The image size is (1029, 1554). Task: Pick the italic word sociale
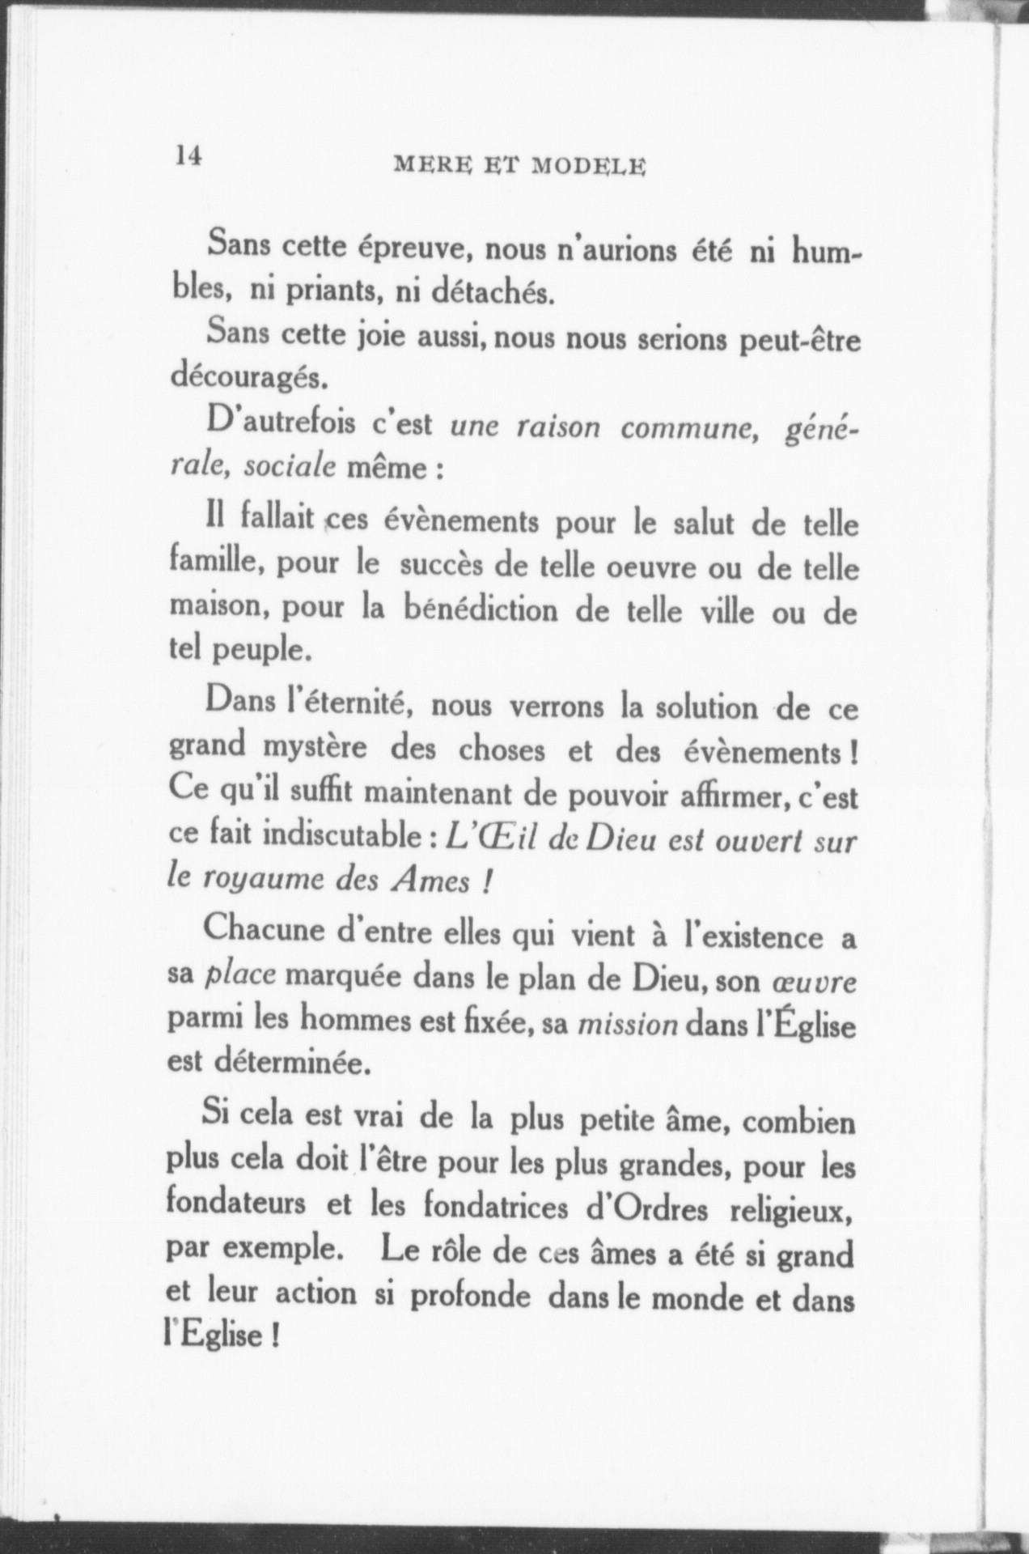click(290, 468)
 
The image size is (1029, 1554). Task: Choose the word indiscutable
click(349, 838)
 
